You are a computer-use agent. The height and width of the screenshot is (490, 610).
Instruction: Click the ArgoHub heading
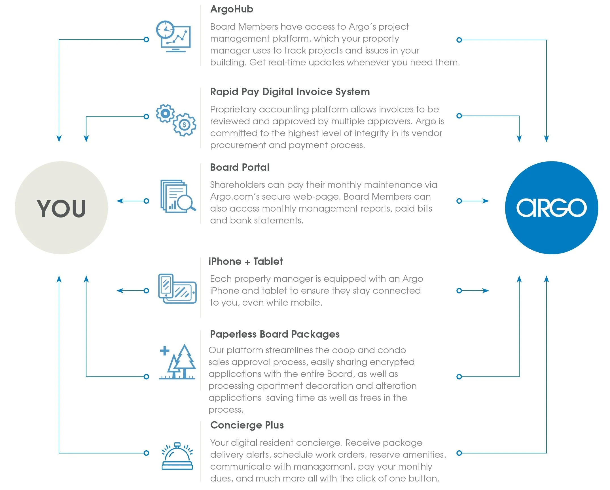pyautogui.click(x=232, y=9)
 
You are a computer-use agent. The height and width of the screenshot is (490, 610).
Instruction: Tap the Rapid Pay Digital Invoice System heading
pyautogui.click(x=290, y=92)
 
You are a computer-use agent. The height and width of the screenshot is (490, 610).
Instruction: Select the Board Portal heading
pyautogui.click(x=240, y=167)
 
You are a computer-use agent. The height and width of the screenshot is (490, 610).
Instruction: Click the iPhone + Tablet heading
pyautogui.click(x=245, y=261)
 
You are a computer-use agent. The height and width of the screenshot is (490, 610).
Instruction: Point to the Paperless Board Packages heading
pyautogui.click(x=275, y=334)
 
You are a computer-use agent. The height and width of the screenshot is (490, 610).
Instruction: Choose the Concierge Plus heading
pyautogui.click(x=247, y=425)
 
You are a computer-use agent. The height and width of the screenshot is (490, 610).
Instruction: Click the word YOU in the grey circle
pyautogui.click(x=61, y=208)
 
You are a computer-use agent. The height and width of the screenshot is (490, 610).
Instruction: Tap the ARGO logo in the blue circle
pyautogui.click(x=551, y=208)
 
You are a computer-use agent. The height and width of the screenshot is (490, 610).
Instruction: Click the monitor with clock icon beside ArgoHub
pyautogui.click(x=173, y=36)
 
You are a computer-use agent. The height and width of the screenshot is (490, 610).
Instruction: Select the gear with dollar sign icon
pyautogui.click(x=185, y=125)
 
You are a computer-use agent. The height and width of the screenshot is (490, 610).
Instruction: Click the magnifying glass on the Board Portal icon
pyautogui.click(x=186, y=202)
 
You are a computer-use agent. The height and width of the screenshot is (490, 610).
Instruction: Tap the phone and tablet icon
pyautogui.click(x=177, y=289)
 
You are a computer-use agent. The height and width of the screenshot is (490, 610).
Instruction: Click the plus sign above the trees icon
pyautogui.click(x=164, y=351)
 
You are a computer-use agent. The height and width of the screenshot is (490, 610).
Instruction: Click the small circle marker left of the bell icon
pyautogui.click(x=146, y=453)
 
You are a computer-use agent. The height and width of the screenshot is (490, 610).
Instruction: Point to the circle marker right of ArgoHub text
pyautogui.click(x=459, y=40)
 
